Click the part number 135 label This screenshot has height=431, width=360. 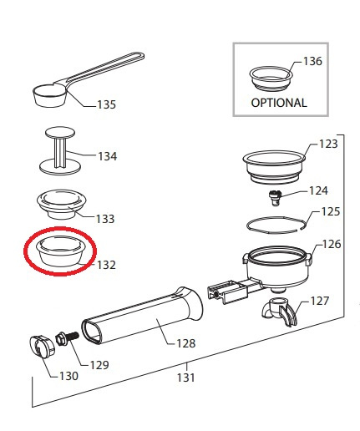click(106, 104)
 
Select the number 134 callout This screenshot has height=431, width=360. click(108, 156)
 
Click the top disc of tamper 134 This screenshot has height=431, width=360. click(60, 133)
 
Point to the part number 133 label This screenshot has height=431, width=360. click(105, 219)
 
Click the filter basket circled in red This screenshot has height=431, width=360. click(60, 251)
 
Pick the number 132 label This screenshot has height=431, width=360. click(106, 265)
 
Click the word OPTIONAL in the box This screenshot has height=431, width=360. click(279, 103)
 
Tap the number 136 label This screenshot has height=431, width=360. click(312, 61)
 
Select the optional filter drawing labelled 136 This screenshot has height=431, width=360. click(271, 78)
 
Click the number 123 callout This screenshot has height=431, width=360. click(328, 144)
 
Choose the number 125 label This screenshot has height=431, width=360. click(331, 211)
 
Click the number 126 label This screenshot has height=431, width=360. click(332, 244)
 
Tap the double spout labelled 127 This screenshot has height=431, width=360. click(280, 312)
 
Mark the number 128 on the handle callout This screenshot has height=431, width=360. click(186, 343)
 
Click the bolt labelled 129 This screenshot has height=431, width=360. click(68, 338)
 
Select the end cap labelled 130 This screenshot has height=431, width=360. click(42, 346)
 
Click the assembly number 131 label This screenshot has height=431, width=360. click(186, 378)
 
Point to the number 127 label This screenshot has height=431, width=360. click(320, 301)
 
